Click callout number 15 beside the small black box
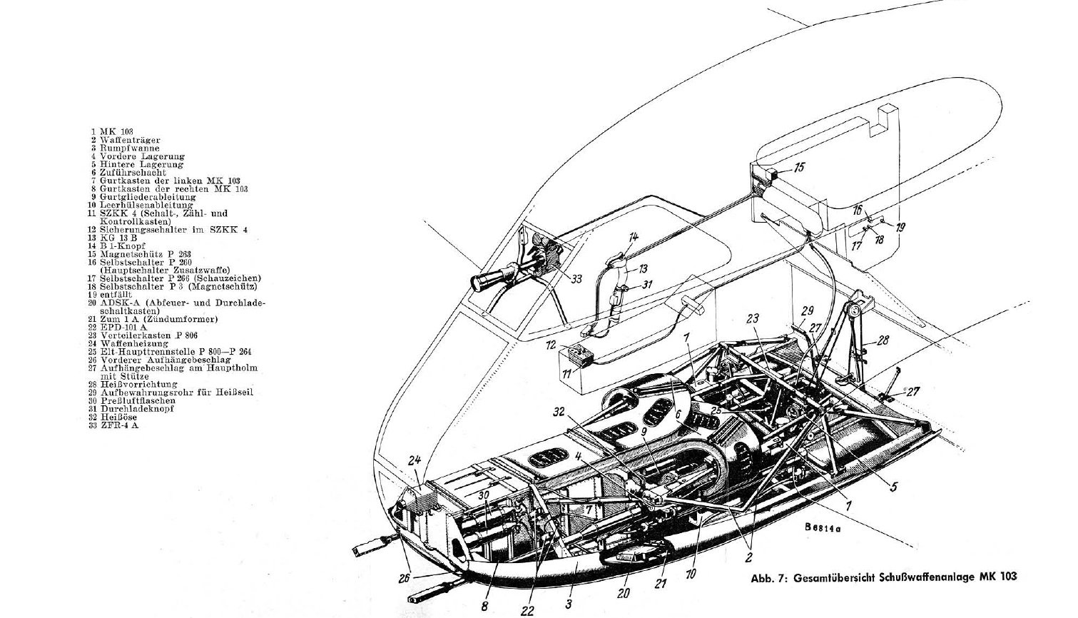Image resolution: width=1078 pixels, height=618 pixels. coord(799,168)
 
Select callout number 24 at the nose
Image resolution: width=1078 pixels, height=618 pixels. coord(415,460)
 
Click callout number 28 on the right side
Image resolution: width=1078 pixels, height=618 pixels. coord(883,340)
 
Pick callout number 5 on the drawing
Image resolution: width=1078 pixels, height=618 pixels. coord(894,487)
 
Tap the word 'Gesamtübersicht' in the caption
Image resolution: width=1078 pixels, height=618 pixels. coord(831,578)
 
